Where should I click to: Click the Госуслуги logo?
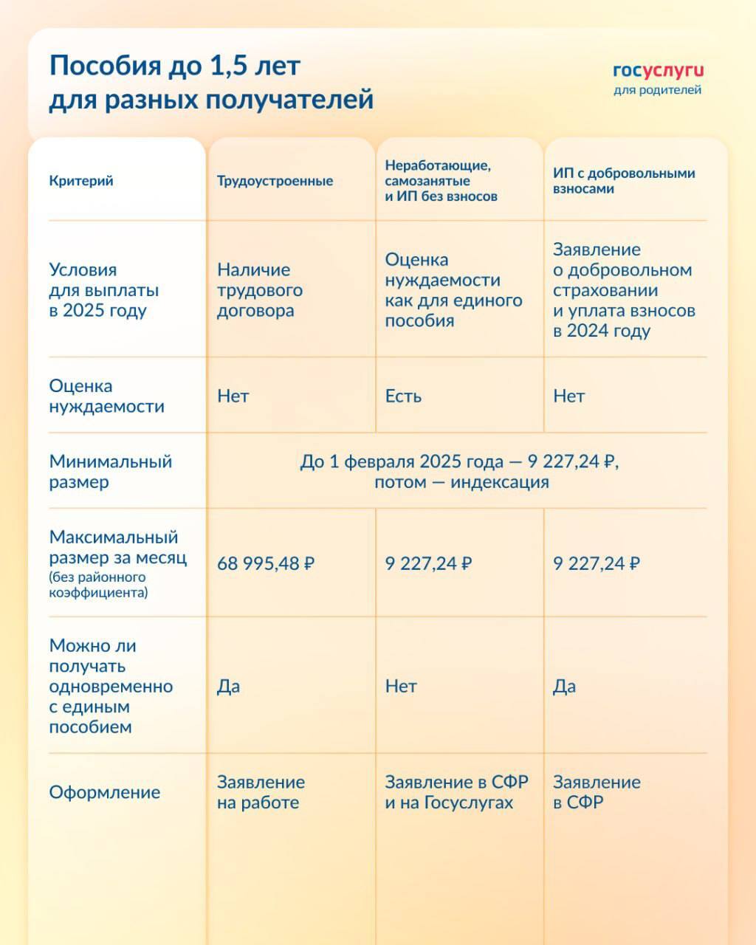click(658, 71)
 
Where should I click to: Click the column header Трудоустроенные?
click(275, 181)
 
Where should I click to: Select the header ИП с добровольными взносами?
click(624, 181)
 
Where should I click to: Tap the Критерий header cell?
click(81, 181)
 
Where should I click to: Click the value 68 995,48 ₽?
click(266, 564)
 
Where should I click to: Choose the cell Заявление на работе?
click(261, 792)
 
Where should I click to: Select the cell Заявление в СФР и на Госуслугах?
click(456, 792)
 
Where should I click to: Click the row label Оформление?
click(104, 792)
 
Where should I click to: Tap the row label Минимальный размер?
click(110, 472)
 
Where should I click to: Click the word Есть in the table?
click(403, 396)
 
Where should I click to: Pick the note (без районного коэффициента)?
click(98, 585)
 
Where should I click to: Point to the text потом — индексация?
click(461, 482)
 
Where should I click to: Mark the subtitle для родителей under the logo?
click(657, 90)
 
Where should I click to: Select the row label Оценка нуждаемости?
click(106, 396)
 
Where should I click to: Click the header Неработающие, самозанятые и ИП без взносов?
click(441, 181)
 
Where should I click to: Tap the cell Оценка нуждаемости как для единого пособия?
click(453, 290)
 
